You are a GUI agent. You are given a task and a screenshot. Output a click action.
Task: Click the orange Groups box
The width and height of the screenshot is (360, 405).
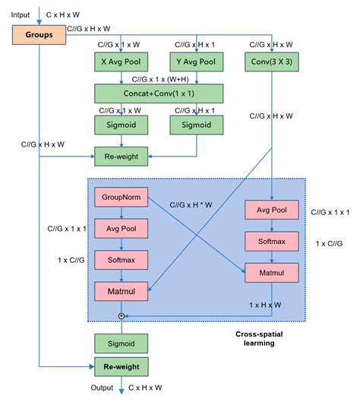click(x=38, y=34)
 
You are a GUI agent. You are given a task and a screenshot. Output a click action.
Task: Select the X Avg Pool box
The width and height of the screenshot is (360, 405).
click(x=120, y=61)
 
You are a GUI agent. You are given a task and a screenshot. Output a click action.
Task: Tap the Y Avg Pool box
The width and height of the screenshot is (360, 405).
click(x=197, y=61)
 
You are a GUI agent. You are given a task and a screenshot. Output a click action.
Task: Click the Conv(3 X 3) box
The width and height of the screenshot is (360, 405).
click(x=272, y=61)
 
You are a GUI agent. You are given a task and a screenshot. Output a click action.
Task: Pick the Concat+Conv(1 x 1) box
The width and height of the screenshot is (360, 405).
click(x=159, y=93)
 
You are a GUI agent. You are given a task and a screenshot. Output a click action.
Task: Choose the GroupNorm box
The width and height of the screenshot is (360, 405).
click(x=120, y=197)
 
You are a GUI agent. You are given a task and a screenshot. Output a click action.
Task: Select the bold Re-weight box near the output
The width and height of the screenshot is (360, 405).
click(x=120, y=366)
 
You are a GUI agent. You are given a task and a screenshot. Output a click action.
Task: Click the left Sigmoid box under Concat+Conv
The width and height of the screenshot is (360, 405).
click(x=120, y=124)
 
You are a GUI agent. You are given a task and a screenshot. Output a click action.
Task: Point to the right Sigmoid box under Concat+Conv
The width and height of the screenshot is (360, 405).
click(x=197, y=124)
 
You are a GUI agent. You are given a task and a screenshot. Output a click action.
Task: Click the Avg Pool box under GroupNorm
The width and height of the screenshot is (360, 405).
click(x=120, y=227)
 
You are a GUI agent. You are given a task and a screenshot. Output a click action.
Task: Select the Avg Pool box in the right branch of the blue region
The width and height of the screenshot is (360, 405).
click(x=272, y=210)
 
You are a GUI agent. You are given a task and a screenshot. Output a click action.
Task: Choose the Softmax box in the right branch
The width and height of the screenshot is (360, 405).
click(x=272, y=241)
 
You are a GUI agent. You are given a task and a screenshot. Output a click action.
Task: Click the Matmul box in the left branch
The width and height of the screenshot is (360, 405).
click(x=120, y=290)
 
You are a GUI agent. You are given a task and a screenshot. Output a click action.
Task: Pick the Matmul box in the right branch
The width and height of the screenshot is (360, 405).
click(x=272, y=272)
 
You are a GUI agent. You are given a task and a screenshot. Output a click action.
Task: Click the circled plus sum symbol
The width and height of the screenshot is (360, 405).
click(x=120, y=314)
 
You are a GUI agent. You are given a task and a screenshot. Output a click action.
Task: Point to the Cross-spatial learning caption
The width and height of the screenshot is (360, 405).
click(x=256, y=337)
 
